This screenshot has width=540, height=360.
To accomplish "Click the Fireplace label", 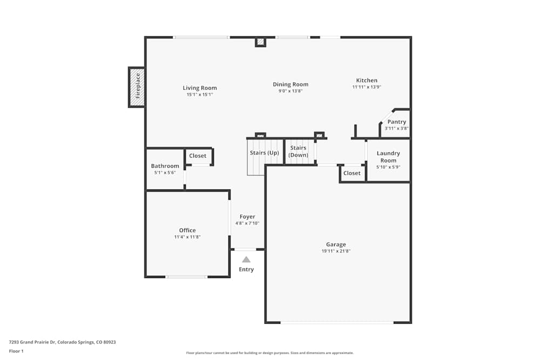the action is point(138,86).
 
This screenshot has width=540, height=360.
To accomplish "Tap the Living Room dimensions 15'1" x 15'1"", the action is point(200,94).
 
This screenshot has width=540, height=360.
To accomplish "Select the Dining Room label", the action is point(291,84).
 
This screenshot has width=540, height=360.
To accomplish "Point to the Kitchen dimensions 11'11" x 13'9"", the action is point(367,87).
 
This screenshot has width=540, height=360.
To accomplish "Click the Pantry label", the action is point(397,122).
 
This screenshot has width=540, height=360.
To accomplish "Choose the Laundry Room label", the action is point(388,157).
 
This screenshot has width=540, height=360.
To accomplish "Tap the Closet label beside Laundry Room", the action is point(352,173).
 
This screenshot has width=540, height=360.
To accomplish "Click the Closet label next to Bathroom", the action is point(198,155).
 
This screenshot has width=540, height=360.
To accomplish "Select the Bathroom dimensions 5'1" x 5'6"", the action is point(165,173).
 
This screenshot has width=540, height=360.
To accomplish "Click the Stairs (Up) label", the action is point(265,153).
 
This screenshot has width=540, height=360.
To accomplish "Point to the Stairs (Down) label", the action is point(298,152).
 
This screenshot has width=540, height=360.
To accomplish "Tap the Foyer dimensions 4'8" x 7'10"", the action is point(247,223).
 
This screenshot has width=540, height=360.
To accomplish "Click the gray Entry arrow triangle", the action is point(246,260).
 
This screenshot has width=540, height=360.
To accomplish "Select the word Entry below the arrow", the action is point(246,269).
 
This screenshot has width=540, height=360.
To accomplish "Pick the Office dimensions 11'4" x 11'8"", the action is point(187,237).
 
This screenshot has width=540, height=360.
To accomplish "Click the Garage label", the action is point(336,244).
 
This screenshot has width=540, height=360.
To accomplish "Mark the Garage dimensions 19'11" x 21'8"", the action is point(336,251).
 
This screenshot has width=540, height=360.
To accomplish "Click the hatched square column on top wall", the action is point(261,42).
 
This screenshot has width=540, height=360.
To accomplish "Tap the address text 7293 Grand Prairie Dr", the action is point(32,342).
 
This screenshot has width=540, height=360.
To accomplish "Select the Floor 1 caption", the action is point(16,351).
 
